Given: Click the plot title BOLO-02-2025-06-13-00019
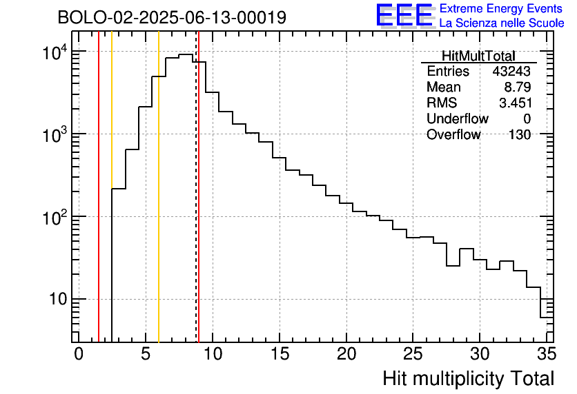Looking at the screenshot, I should [x=172, y=18].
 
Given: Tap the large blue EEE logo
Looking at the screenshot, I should [x=404, y=15].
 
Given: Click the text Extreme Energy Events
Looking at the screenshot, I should [x=502, y=9].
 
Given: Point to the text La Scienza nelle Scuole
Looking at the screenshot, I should [x=502, y=23].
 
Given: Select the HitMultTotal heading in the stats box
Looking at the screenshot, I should [x=478, y=56].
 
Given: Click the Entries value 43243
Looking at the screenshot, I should [x=511, y=72].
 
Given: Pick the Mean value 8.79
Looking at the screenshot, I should [x=518, y=87].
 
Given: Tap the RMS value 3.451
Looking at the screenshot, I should [x=515, y=103].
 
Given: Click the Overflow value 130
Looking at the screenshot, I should [x=520, y=135].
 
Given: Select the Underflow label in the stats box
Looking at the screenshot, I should [x=457, y=119].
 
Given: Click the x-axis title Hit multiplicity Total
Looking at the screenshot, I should [x=469, y=378].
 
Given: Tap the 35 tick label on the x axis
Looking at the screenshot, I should [x=546, y=354].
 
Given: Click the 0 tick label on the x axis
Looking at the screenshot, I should [x=79, y=354].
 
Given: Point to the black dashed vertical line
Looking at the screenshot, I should [x=196, y=207].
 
